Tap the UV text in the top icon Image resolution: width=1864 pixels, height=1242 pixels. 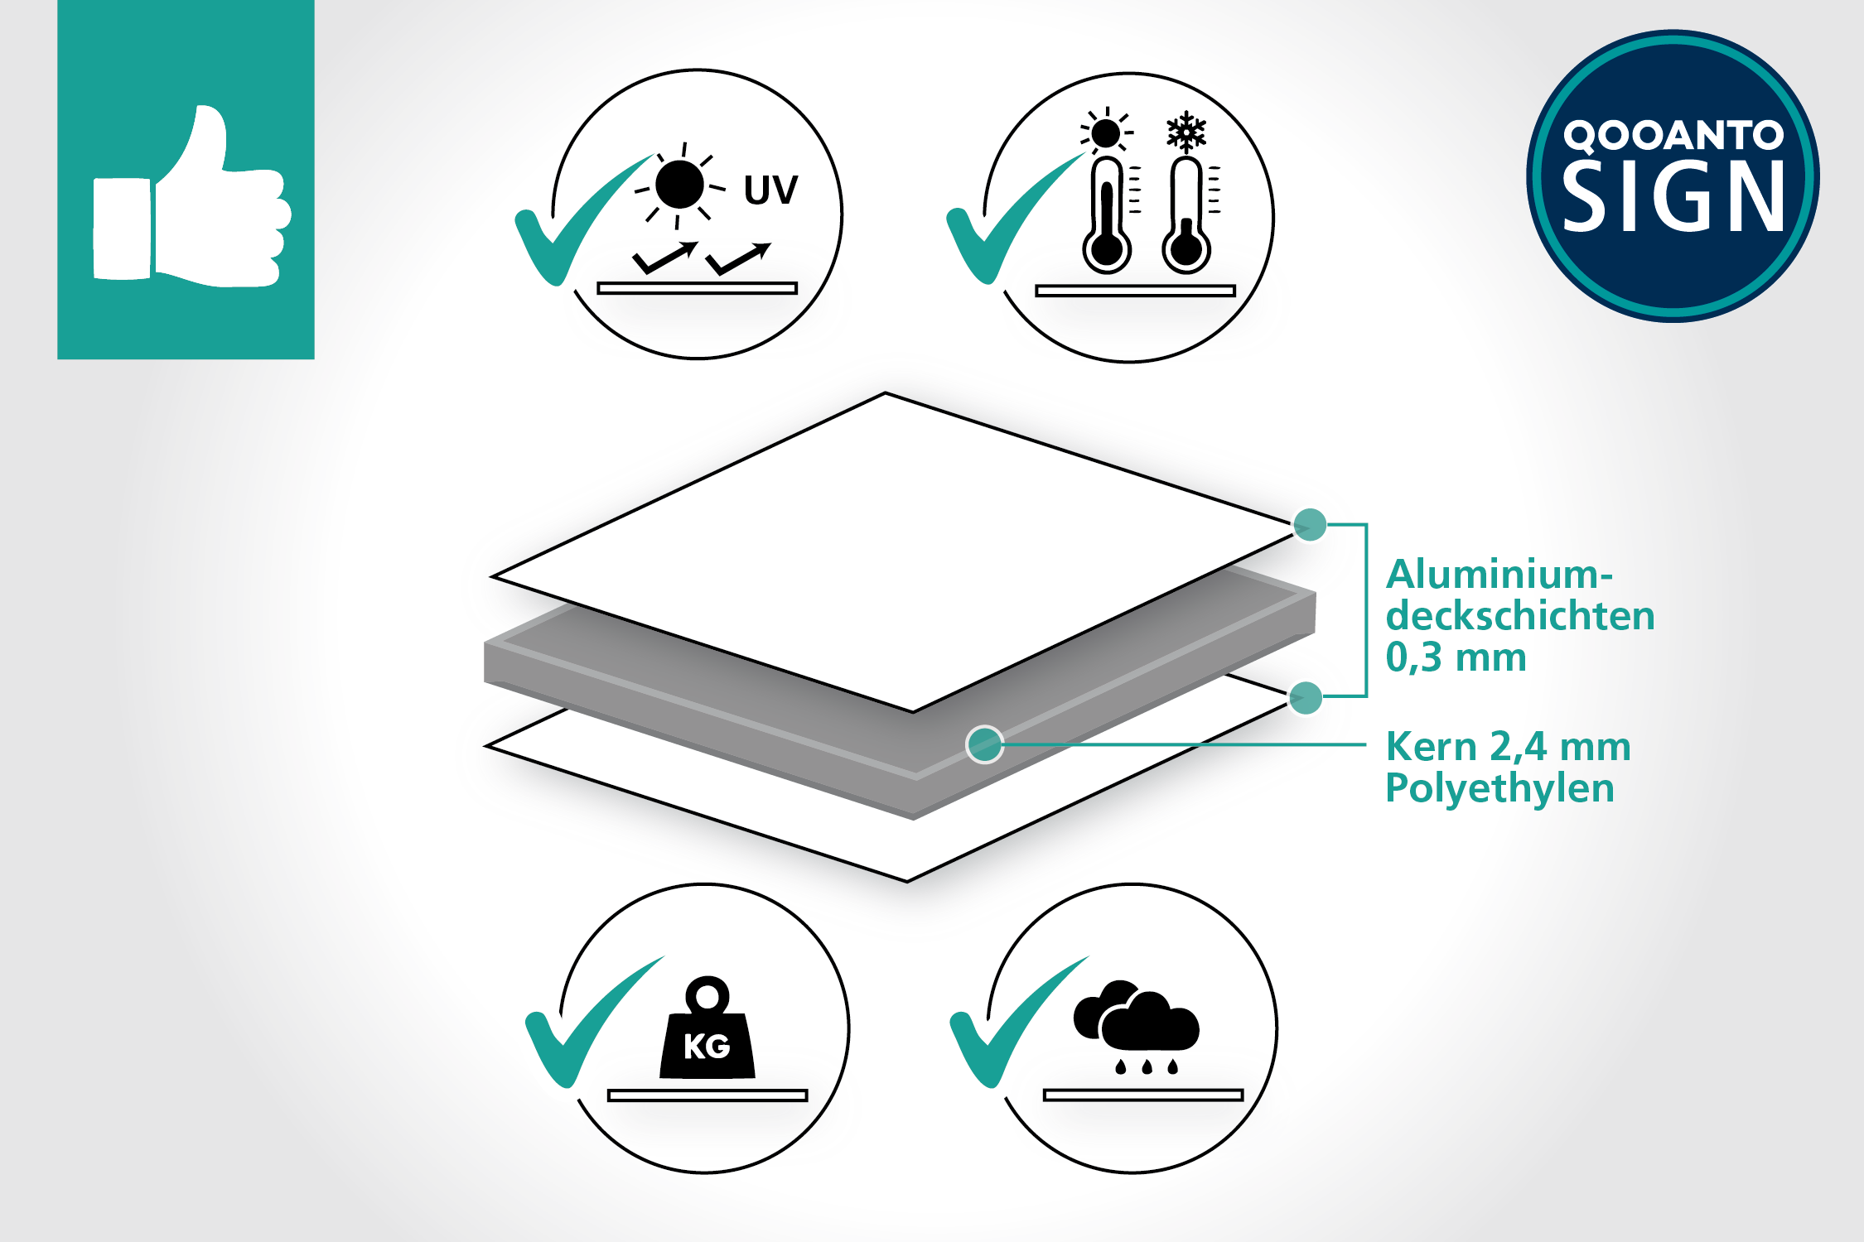[770, 190]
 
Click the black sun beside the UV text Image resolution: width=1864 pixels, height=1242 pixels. [679, 185]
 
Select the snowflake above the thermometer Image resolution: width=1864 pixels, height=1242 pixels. [1186, 132]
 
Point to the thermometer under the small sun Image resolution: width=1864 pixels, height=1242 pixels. [1107, 217]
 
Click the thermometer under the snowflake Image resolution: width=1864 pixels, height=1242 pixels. [1186, 217]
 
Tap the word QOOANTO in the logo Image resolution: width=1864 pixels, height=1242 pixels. [1673, 135]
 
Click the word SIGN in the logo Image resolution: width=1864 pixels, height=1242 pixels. [1673, 197]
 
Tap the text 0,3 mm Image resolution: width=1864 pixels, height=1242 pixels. [1456, 657]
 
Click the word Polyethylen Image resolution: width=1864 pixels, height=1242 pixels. [1499, 788]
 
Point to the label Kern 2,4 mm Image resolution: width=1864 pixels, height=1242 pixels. [1508, 747]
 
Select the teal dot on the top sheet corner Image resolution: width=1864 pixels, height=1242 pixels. [1310, 524]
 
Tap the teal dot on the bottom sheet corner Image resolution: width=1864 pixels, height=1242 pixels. [1306, 698]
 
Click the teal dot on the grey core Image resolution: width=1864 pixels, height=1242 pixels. [984, 744]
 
